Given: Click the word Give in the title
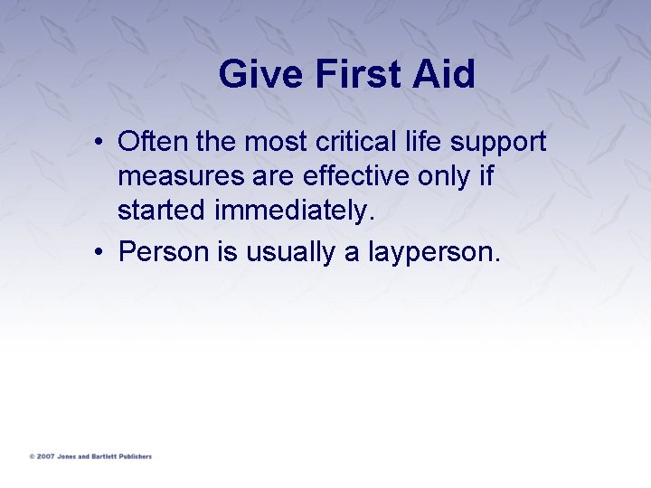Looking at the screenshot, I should pos(261,74).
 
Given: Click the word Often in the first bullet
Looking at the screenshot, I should pos(151,142).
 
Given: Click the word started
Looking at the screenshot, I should pos(163,210).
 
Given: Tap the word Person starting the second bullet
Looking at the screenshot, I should pos(164,252).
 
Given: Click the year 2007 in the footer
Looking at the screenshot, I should pos(45,456).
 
